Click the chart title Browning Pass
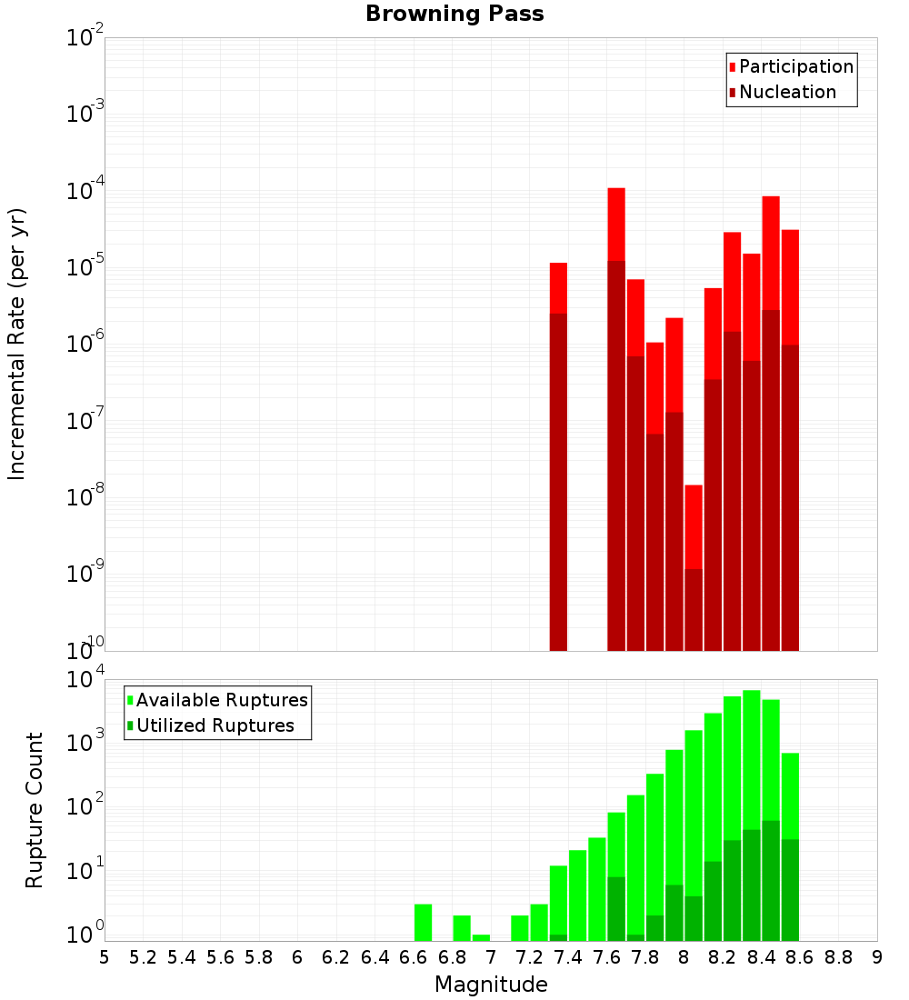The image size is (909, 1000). (454, 15)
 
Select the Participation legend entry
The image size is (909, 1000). (795, 66)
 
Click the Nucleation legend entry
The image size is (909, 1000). (787, 92)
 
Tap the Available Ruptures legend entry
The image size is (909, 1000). (221, 700)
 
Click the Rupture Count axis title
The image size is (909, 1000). (35, 809)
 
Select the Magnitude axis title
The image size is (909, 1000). (491, 985)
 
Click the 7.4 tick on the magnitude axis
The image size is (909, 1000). (568, 957)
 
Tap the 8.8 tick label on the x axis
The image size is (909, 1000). (838, 957)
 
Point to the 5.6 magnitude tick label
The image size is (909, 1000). (220, 957)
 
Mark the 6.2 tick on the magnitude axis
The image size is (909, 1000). (336, 957)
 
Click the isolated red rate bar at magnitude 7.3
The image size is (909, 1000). (558, 455)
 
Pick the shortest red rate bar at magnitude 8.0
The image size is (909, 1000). (694, 527)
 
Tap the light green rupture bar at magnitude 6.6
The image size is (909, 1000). (423, 922)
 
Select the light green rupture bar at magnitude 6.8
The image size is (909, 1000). (462, 927)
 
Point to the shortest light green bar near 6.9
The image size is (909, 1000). (481, 937)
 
